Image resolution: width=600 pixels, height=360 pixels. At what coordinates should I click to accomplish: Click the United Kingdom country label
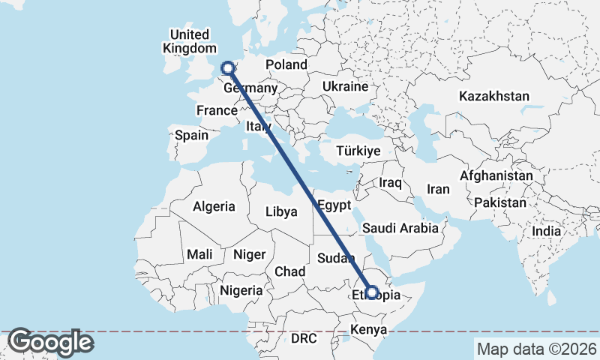(188, 41)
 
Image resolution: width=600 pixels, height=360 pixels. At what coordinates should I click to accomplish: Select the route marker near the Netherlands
(227, 69)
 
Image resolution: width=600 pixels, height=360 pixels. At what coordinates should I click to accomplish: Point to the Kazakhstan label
(494, 97)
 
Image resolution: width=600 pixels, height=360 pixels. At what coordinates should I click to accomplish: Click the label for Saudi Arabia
(400, 228)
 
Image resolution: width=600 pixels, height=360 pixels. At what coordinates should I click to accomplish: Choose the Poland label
(286, 65)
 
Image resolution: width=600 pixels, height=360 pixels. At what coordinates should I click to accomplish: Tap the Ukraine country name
(345, 87)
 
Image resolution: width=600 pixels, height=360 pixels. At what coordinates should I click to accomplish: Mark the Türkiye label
(358, 151)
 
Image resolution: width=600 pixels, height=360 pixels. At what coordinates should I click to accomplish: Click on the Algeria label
(214, 207)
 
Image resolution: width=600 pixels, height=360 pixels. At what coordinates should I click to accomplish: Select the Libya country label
(281, 212)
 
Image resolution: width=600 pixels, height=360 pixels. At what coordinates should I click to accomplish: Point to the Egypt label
(334, 205)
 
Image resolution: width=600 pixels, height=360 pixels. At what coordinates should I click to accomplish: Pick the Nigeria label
(241, 290)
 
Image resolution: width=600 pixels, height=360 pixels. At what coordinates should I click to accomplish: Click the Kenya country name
(368, 330)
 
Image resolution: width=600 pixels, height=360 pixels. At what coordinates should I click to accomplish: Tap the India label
(546, 232)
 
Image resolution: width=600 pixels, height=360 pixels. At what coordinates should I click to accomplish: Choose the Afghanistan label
(496, 176)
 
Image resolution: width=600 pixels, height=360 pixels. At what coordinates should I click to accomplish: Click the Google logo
(50, 343)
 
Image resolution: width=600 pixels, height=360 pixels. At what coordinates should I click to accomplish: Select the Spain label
(191, 136)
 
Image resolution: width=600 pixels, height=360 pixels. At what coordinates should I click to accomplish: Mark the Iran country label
(438, 190)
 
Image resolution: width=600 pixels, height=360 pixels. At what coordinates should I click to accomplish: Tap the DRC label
(304, 339)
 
